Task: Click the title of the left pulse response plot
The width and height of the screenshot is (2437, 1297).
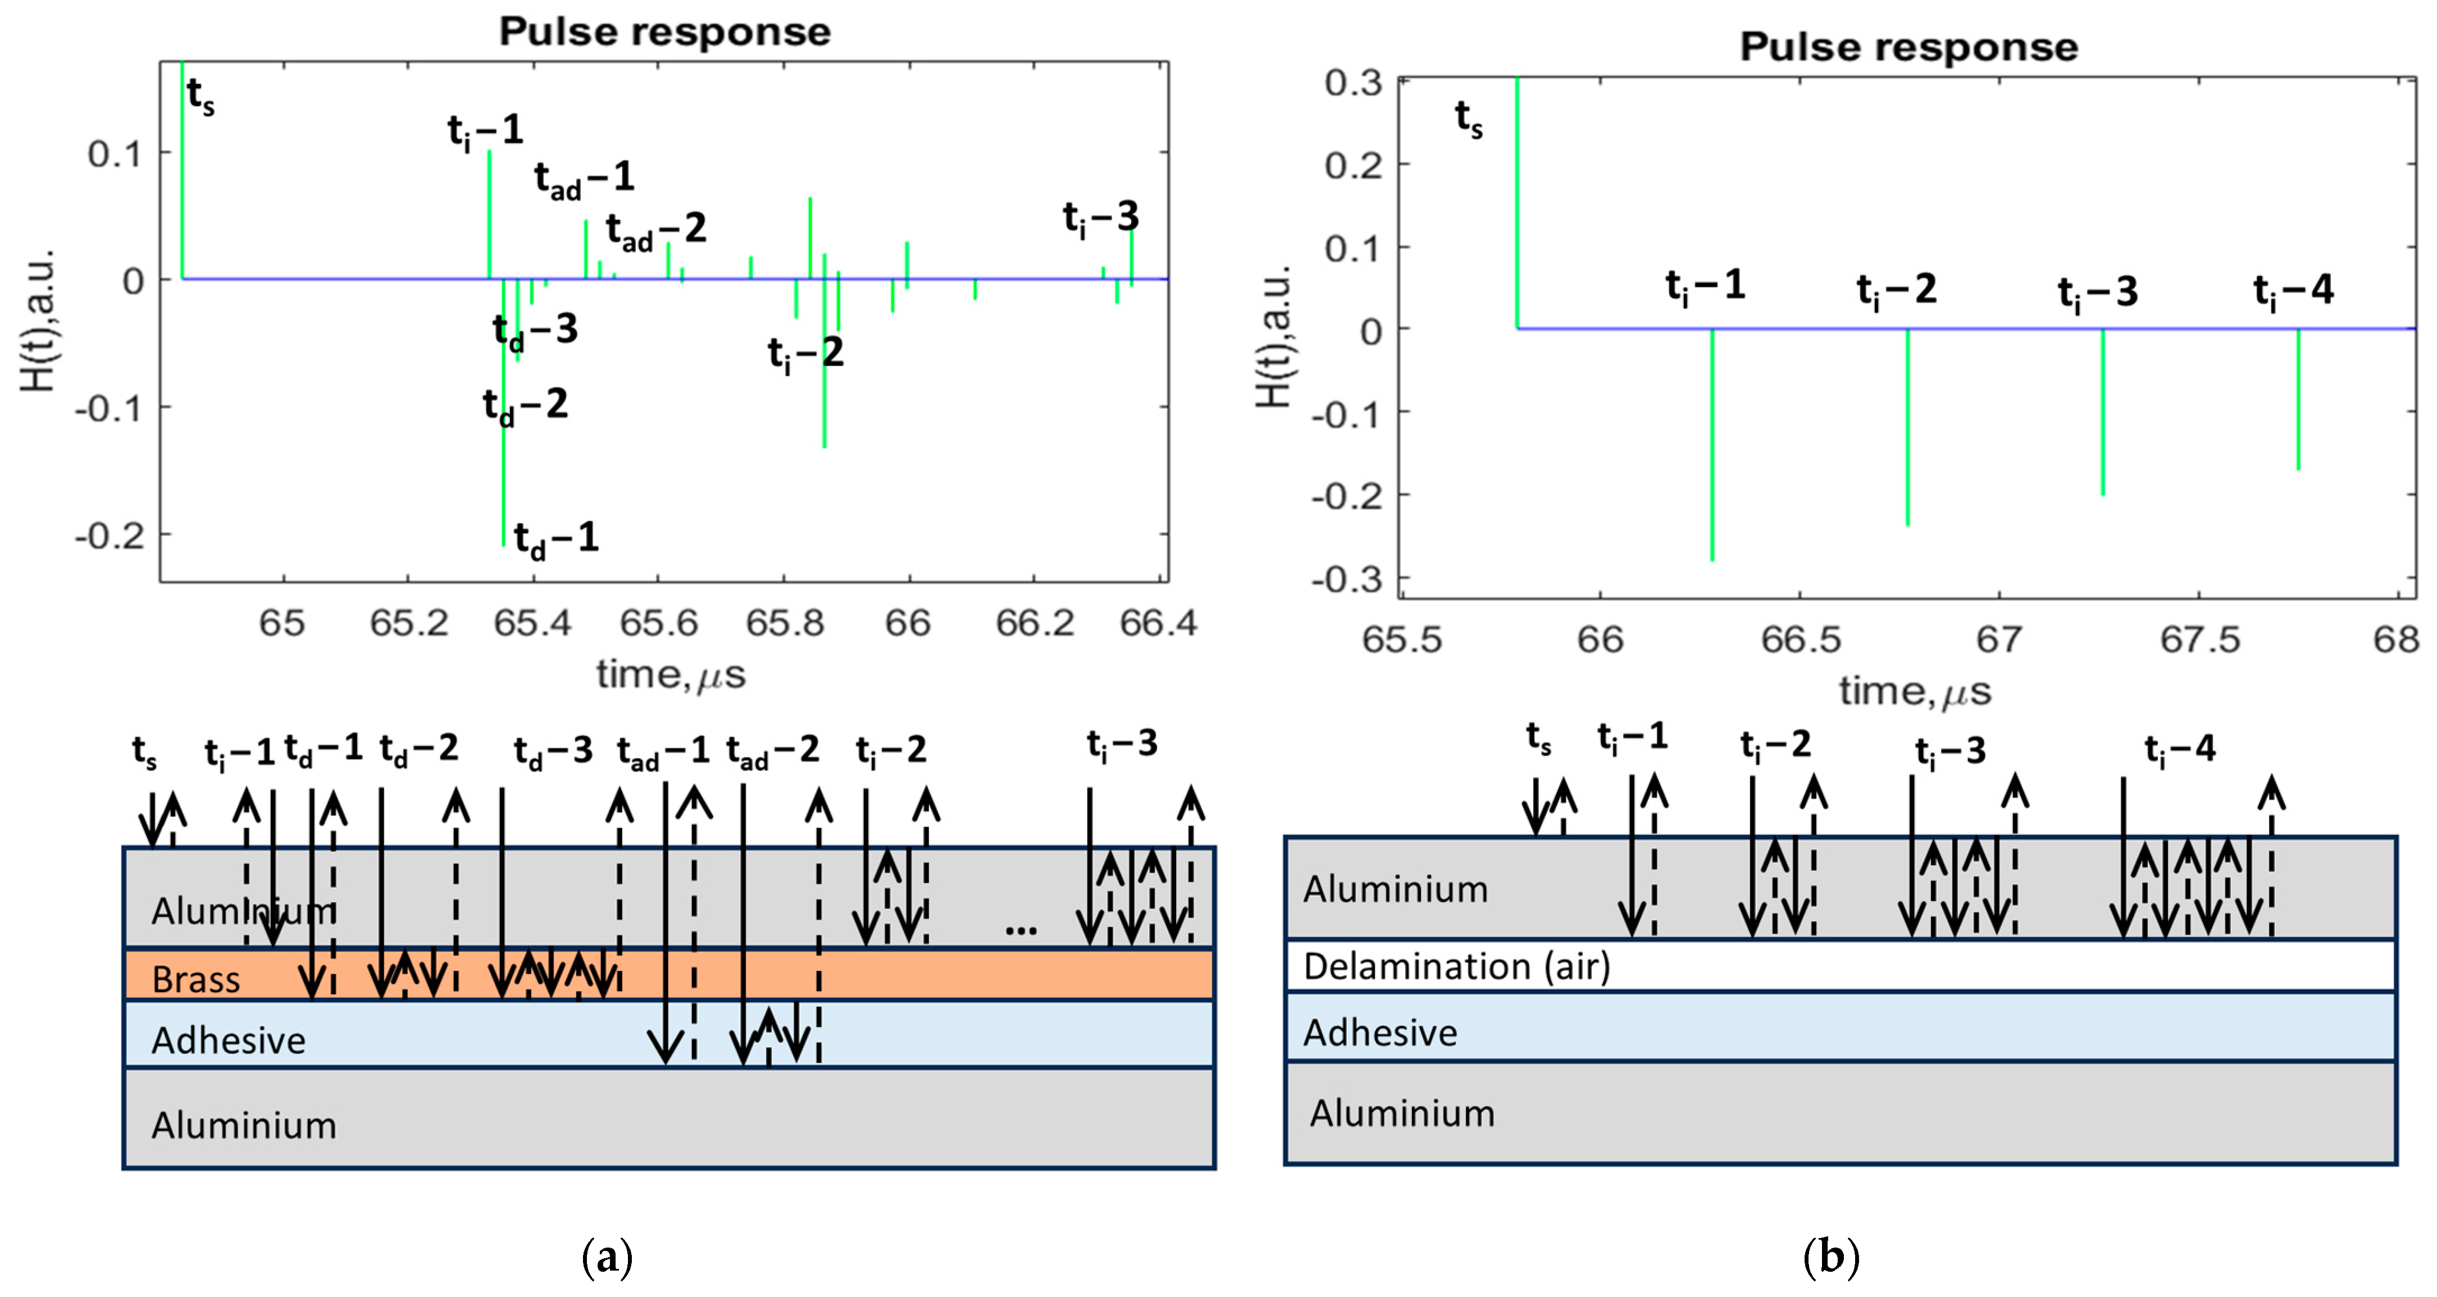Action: coord(665,32)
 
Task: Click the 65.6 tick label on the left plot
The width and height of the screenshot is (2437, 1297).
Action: coord(658,623)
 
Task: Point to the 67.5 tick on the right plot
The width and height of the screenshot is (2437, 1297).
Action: coord(2199,641)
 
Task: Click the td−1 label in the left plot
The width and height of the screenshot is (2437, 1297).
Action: coord(556,538)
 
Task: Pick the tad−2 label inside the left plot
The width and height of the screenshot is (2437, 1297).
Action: coord(655,230)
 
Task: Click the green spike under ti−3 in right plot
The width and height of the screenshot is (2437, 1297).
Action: coord(2103,412)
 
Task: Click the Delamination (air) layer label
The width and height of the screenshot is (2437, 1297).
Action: coord(1456,966)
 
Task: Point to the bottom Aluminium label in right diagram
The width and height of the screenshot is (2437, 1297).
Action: coord(1401,1113)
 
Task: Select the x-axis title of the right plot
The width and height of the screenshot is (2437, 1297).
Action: coord(1914,692)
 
